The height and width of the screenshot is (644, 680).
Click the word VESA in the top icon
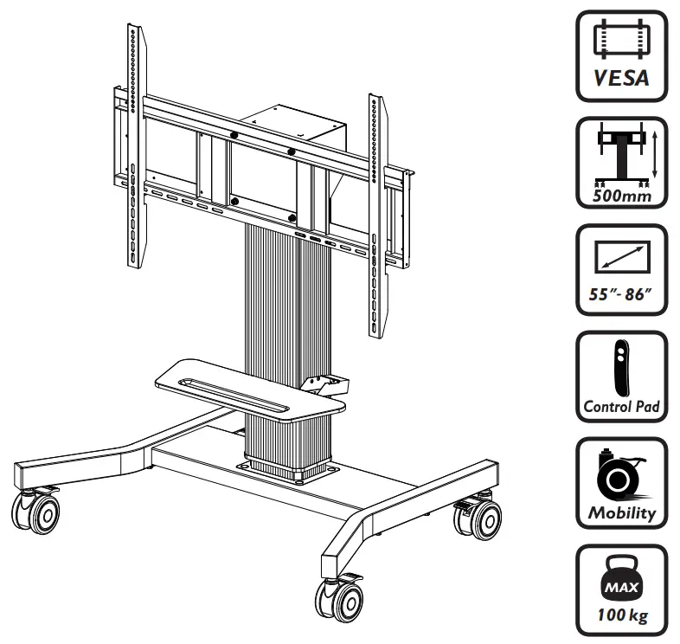[621, 79]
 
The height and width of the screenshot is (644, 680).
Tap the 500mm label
[621, 196]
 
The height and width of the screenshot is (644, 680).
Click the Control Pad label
[621, 405]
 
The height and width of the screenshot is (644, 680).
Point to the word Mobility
[621, 512]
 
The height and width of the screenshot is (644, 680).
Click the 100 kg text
[621, 616]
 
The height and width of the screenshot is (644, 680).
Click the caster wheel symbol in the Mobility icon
[619, 473]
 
